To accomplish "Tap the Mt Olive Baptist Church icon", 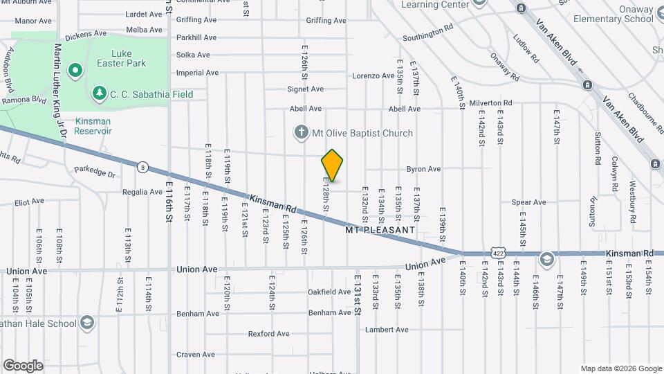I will click(301, 132).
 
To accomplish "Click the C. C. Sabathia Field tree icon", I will click(99, 93).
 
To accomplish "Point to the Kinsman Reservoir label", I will click(93, 125).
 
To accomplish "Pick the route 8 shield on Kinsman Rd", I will click(142, 167).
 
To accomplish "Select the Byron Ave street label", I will click(423, 169).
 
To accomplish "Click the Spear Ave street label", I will click(528, 202).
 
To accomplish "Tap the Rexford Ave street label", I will click(268, 334).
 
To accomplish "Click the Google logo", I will click(23, 365).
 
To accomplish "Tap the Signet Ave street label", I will click(306, 89).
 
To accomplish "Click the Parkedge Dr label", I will click(94, 170).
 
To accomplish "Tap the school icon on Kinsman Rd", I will click(547, 259).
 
